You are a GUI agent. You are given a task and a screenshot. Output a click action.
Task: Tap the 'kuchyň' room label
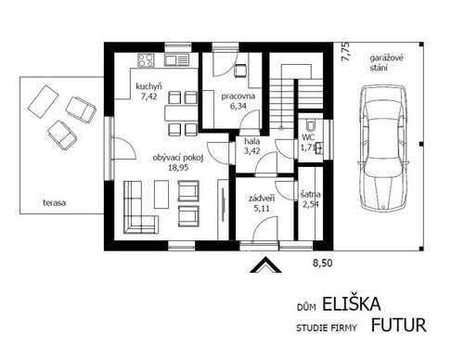(x=148, y=84)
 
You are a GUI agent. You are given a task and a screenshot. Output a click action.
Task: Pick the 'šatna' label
(x=311, y=195)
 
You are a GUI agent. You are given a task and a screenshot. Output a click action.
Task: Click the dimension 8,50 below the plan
(x=320, y=264)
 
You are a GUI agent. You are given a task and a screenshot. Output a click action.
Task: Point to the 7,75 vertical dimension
(x=343, y=52)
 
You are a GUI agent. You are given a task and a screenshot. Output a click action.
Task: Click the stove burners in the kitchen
(x=147, y=61)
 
